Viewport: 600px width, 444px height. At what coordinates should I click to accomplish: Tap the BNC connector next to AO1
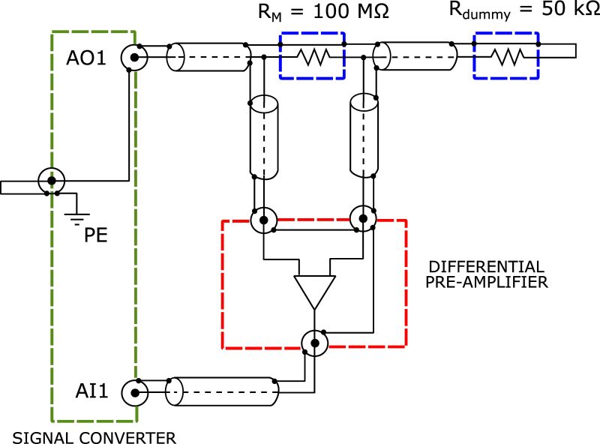click(x=134, y=57)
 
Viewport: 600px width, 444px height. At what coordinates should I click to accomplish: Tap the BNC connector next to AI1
click(x=134, y=391)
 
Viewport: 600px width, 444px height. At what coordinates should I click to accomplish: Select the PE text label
click(x=95, y=235)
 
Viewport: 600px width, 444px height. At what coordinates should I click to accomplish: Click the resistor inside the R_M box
click(x=311, y=55)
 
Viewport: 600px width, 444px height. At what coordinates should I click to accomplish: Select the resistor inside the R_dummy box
click(x=505, y=55)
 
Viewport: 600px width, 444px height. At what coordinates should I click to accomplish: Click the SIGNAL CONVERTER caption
click(x=94, y=436)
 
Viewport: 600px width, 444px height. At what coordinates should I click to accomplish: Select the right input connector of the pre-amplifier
click(x=363, y=219)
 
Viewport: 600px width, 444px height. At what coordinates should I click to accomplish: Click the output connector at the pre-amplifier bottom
click(x=314, y=343)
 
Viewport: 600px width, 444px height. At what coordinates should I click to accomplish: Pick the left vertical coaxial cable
click(x=264, y=136)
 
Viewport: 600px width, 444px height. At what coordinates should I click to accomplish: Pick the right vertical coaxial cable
click(x=363, y=136)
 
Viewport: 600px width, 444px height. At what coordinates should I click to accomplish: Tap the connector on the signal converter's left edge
click(x=51, y=181)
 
